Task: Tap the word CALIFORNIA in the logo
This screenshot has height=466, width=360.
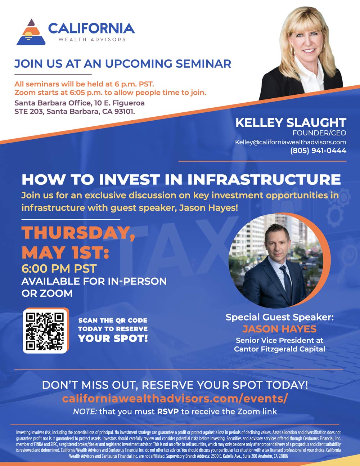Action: [91, 28]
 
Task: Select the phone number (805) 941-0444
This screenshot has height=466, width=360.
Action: [318, 151]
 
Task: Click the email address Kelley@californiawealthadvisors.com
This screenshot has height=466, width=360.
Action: [291, 142]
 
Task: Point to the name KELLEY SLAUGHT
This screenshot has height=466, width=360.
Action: [291, 123]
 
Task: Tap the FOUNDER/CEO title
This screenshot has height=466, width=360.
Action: [319, 133]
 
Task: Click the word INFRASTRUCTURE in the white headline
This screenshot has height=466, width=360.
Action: [264, 179]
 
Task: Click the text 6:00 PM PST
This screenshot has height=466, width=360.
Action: [59, 269]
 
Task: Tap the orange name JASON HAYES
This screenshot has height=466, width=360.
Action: [279, 329]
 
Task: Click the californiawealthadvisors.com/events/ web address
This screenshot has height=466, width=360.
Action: [175, 398]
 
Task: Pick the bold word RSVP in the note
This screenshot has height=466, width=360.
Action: [168, 412]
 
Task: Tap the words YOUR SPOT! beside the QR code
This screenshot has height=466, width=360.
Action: [113, 339]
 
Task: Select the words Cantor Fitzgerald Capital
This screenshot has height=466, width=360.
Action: [279, 349]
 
